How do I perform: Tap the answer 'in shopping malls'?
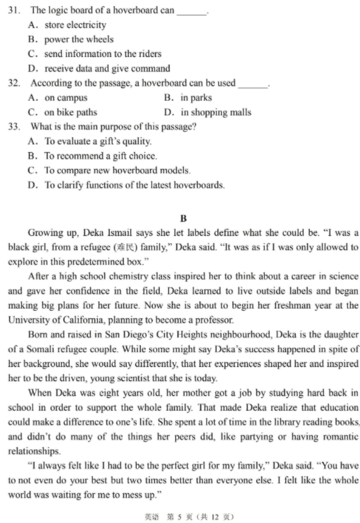(x=208, y=112)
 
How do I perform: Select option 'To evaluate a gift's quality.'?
(x=90, y=141)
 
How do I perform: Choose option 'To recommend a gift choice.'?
(x=93, y=156)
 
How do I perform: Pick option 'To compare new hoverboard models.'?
(x=110, y=170)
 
